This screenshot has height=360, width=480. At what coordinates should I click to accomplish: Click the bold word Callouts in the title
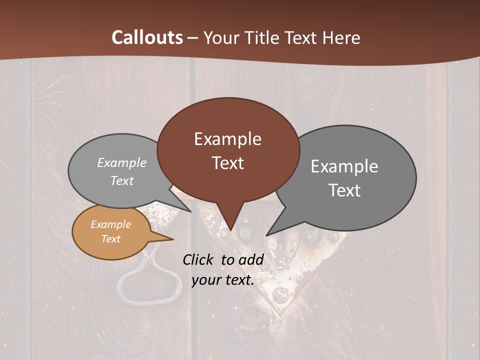click(x=147, y=38)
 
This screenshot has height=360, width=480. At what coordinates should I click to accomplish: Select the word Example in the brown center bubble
click(x=227, y=139)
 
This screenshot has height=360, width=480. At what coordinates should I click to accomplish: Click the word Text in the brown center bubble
click(x=227, y=163)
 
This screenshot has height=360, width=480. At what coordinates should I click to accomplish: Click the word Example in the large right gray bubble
click(x=344, y=166)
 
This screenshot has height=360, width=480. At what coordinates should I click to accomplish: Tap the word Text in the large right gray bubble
click(x=344, y=190)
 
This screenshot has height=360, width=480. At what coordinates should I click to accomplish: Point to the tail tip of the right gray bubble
click(x=266, y=235)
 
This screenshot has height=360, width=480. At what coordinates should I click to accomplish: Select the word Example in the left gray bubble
click(x=122, y=163)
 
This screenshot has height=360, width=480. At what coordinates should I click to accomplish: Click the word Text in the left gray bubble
click(x=122, y=181)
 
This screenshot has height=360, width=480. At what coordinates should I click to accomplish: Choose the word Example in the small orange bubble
click(x=110, y=224)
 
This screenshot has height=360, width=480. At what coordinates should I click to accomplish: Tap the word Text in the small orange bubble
click(x=110, y=239)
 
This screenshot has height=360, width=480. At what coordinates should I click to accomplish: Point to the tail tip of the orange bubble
click(x=173, y=239)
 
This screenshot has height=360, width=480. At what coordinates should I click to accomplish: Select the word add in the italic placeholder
click(x=251, y=259)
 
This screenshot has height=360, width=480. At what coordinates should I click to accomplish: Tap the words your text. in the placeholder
click(x=223, y=280)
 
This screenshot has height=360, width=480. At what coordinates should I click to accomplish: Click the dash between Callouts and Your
click(x=193, y=38)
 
